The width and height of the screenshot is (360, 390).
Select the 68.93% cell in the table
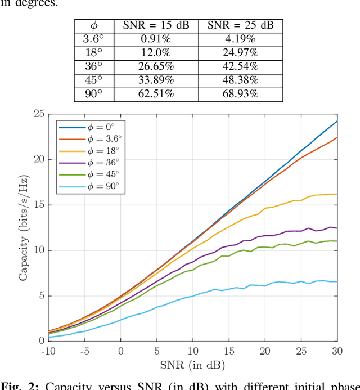[x=240, y=94]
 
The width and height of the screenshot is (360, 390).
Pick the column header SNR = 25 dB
[x=240, y=25]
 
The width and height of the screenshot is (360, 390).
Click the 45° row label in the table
[x=94, y=80]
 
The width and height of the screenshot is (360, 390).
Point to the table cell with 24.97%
[x=240, y=53]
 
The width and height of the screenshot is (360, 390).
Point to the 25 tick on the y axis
[x=39, y=114]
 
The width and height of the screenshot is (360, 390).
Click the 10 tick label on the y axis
[x=39, y=250]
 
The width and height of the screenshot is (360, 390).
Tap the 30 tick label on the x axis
[x=337, y=351]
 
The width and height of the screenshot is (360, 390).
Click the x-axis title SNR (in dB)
[x=193, y=365]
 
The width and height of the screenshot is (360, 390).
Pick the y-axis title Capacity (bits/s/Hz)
[x=24, y=227]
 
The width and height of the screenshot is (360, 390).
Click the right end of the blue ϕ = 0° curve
[x=337, y=121]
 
